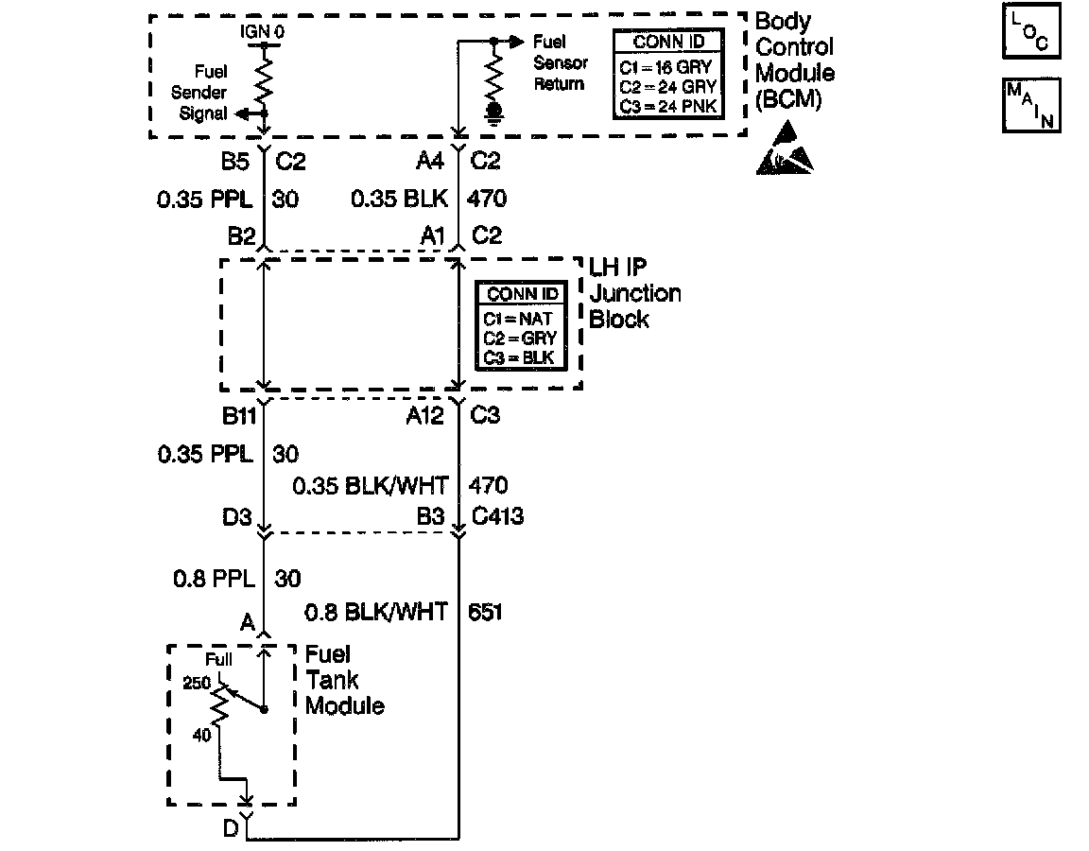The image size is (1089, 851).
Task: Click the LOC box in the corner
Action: click(x=1031, y=33)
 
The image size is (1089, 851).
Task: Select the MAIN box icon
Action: click(x=1031, y=104)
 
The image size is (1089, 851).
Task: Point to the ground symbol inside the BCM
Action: click(x=493, y=113)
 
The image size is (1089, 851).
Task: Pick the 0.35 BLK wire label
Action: click(x=399, y=200)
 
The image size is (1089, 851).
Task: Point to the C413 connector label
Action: click(x=497, y=516)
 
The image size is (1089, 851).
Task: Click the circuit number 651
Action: click(x=485, y=613)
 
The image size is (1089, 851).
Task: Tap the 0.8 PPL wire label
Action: click(x=216, y=578)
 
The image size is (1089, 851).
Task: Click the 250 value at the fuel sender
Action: click(x=196, y=682)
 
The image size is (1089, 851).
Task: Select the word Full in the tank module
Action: click(x=217, y=660)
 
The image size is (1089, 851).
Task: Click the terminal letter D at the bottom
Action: click(x=230, y=829)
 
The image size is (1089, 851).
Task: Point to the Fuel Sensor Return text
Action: click(x=561, y=62)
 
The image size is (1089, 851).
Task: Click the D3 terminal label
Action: click(x=237, y=516)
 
